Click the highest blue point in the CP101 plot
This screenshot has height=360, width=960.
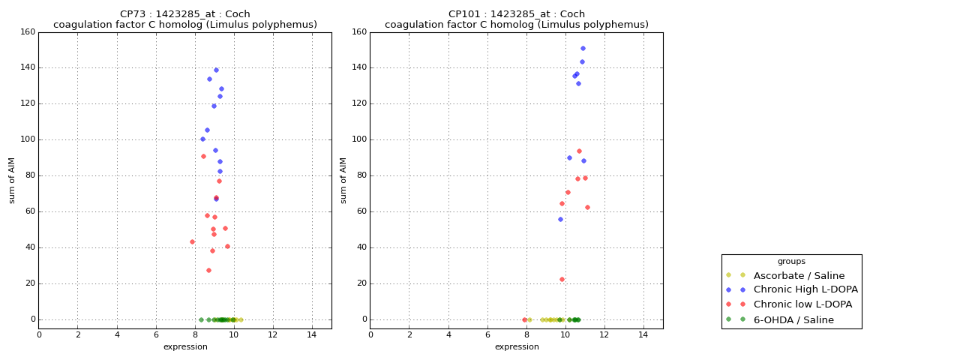click(583, 48)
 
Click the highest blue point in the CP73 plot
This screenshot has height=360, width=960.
click(216, 70)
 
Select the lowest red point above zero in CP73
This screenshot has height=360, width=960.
click(208, 270)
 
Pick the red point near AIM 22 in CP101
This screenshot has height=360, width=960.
click(562, 279)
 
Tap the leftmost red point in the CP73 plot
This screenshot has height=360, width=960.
click(192, 241)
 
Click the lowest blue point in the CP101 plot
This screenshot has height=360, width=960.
click(560, 219)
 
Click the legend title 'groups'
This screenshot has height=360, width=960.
click(791, 261)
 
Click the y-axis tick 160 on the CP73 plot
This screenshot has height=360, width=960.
click(28, 32)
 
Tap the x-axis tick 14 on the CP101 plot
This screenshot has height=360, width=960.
click(643, 334)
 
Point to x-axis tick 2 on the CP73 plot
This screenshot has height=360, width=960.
click(78, 334)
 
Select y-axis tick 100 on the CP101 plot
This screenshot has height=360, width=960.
click(359, 139)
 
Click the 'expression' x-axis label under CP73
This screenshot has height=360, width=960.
click(185, 346)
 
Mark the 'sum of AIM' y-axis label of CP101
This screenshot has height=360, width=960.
click(343, 180)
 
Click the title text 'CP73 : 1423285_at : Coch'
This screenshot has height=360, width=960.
click(185, 13)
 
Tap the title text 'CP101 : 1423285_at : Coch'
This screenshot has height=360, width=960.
click(517, 13)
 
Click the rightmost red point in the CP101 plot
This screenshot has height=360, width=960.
click(587, 207)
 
